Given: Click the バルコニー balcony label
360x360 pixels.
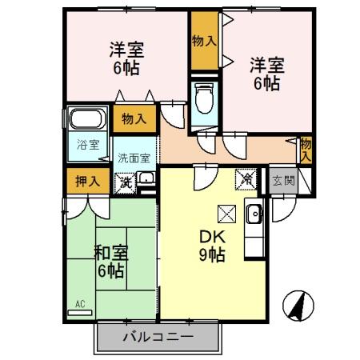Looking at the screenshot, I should (158, 337).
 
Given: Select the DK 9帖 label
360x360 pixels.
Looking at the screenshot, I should (210, 246).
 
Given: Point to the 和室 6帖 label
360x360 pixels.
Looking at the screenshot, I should (110, 262).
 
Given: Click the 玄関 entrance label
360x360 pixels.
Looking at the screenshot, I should (282, 181).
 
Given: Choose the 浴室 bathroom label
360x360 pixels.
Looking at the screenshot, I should (88, 145).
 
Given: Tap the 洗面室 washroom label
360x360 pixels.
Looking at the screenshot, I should (134, 158).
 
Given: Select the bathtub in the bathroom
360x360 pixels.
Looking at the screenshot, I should (86, 122).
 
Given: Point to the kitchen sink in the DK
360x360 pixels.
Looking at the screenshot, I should (254, 214).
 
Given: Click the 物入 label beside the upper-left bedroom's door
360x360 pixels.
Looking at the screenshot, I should (134, 119).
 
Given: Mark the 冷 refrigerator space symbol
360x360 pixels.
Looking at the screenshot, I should (247, 180).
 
